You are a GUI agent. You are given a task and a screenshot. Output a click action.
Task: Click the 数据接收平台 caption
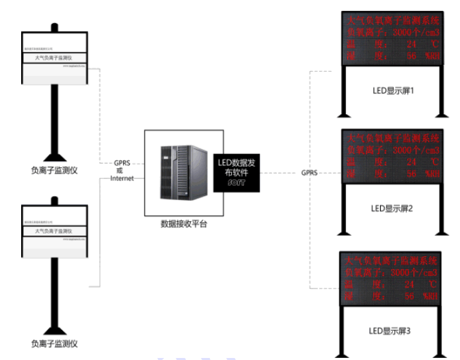(x=182, y=224)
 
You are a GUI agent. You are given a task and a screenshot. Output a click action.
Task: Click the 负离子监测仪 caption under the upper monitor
(x=54, y=170)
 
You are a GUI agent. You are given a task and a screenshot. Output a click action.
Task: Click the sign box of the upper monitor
(x=55, y=58)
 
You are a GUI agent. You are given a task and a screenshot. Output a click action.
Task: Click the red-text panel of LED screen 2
(x=390, y=156)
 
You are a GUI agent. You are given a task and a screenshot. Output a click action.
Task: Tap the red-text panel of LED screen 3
(x=390, y=278)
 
